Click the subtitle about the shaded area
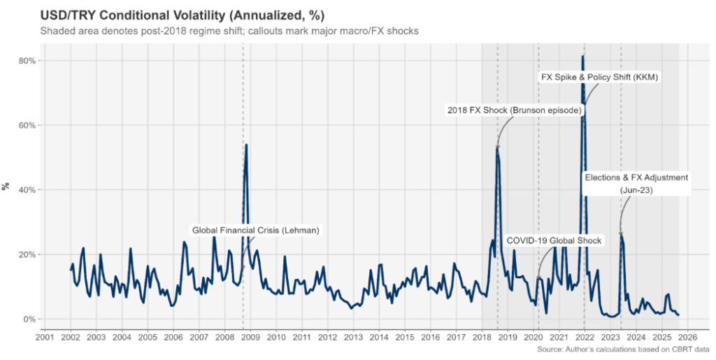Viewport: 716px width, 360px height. (x=229, y=31)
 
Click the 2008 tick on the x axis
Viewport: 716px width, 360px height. (x=224, y=338)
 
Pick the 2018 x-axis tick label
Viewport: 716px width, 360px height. (x=482, y=338)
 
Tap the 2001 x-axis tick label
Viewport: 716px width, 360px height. (x=45, y=338)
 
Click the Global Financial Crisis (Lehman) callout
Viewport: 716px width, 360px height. (x=256, y=230)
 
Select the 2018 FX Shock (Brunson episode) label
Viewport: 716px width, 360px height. (x=514, y=110)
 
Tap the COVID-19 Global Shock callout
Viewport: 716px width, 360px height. (x=553, y=240)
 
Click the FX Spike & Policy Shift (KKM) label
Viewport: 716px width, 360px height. (x=600, y=76)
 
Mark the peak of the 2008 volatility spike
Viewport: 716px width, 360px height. (x=246, y=145)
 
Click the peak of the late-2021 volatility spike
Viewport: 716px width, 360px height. (x=583, y=56)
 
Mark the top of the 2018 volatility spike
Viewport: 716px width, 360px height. (x=497, y=147)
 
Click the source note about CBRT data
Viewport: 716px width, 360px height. (x=624, y=349)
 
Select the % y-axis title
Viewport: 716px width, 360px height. (x=6, y=187)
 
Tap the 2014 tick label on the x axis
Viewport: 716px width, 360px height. (x=379, y=338)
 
